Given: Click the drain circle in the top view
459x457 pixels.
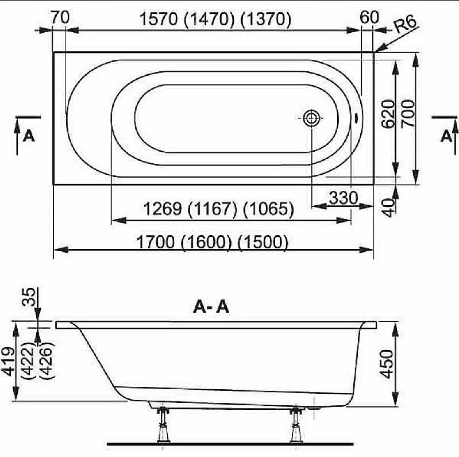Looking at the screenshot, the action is (x=311, y=118).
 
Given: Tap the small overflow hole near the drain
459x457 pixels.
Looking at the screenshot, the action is (x=356, y=117).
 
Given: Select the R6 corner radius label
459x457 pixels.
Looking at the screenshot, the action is (x=405, y=24).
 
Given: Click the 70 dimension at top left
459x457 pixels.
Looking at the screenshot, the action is (x=60, y=17).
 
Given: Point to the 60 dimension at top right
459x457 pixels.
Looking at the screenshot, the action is (x=369, y=17).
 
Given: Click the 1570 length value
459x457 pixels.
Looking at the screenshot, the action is (x=159, y=20).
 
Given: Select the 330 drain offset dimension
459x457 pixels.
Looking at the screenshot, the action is (x=344, y=198).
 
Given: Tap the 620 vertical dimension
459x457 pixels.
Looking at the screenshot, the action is (x=388, y=114).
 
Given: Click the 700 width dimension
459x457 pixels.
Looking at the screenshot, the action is (x=408, y=113).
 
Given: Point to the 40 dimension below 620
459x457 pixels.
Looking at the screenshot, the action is (x=389, y=208).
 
